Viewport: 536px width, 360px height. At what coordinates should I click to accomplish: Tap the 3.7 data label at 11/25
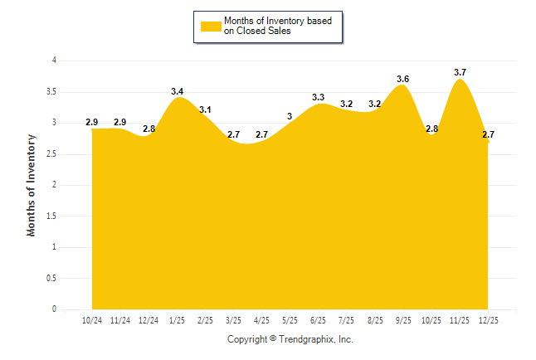click(x=460, y=73)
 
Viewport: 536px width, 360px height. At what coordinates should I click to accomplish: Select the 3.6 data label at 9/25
click(x=403, y=79)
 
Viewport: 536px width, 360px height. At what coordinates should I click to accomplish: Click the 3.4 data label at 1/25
click(x=178, y=91)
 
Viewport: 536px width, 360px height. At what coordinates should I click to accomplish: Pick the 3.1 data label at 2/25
click(x=205, y=109)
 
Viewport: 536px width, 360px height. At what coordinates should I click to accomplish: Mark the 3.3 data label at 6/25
click(x=318, y=98)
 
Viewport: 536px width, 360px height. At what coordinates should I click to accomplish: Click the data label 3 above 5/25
click(x=290, y=116)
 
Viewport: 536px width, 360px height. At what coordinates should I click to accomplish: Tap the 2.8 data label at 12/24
click(x=149, y=129)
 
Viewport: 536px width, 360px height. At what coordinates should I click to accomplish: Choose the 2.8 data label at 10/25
click(x=431, y=129)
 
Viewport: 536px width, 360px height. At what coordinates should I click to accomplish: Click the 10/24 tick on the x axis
click(x=92, y=319)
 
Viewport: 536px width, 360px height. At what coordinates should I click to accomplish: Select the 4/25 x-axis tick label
click(x=261, y=319)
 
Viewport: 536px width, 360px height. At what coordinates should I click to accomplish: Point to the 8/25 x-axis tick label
click(x=375, y=319)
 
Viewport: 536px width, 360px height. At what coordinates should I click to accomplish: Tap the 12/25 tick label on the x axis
click(x=488, y=319)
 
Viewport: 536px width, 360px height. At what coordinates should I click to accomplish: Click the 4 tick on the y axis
click(x=54, y=61)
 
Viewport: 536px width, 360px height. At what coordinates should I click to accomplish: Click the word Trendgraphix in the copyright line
click(x=306, y=339)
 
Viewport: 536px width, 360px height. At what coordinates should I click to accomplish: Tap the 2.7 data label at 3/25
click(x=234, y=134)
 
